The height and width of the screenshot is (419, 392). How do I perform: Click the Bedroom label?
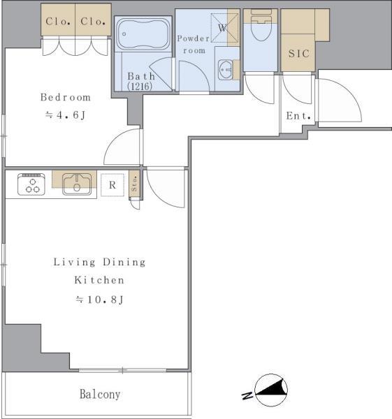coord(66,97)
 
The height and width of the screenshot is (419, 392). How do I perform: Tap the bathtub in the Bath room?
coord(143,34)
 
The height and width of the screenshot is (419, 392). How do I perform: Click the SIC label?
coord(298,54)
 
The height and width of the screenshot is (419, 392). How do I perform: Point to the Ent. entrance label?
coord(298,116)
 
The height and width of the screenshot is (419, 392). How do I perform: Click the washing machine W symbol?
coord(222,28)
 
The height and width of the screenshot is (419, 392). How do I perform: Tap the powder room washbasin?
coord(226,70)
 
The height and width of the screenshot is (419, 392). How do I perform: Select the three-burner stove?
coord(31,184)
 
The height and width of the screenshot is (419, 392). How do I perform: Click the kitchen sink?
coord(77,184)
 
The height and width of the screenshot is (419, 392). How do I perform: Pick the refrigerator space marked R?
coord(112,185)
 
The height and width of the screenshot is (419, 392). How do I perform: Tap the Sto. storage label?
coord(134,183)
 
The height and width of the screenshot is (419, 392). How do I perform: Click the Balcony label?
coord(100,394)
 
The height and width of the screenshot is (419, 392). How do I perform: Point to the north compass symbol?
coord(270,390)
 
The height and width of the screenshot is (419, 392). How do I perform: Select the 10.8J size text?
coord(99,300)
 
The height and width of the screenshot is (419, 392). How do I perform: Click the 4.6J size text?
coord(65,115)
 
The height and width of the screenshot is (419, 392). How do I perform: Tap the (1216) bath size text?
coord(140,87)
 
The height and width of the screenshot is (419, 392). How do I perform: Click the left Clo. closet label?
coord(58,22)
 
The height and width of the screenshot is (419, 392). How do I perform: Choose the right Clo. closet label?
coord(93,22)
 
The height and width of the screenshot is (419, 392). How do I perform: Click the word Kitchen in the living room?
coord(99,280)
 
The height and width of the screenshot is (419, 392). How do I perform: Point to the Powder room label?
coord(194,45)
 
